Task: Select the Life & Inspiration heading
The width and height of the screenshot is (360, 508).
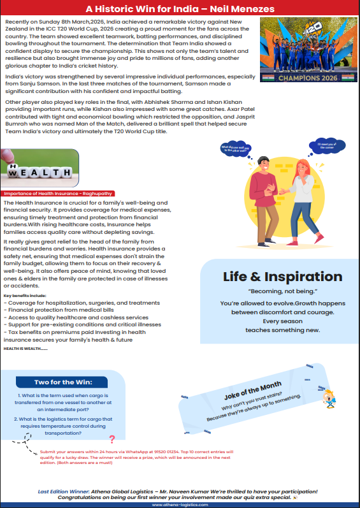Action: pyautogui.click(x=282, y=277)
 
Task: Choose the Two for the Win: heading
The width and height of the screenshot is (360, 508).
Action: pyautogui.click(x=62, y=382)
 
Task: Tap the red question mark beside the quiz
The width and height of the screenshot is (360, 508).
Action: pyautogui.click(x=112, y=439)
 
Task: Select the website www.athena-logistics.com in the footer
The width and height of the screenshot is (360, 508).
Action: pyautogui.click(x=180, y=504)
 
